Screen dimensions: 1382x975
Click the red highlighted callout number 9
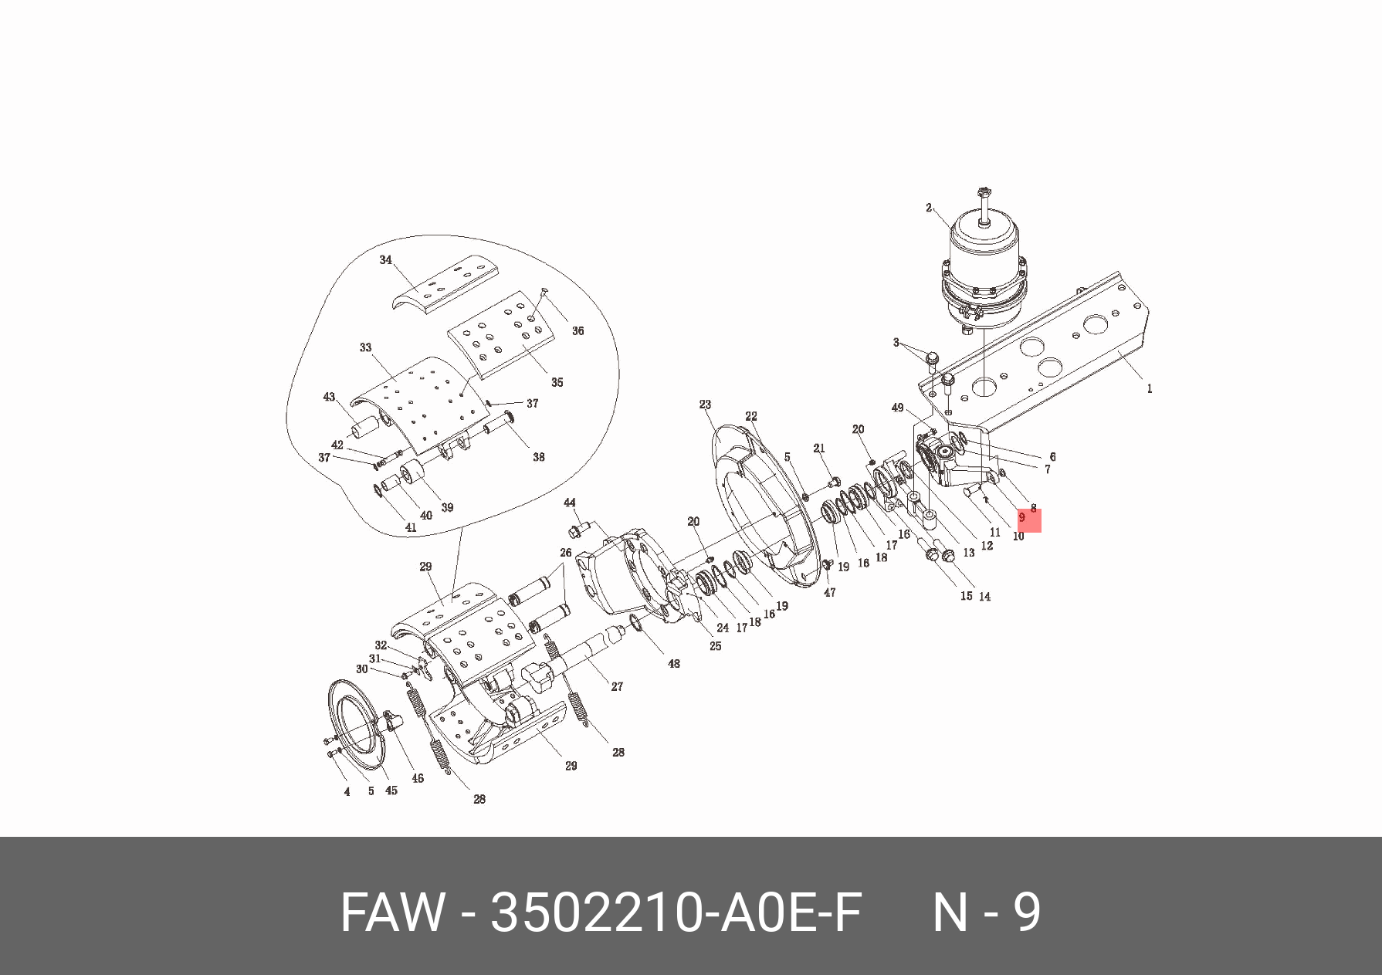click(1022, 518)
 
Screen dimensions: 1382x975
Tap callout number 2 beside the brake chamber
click(929, 208)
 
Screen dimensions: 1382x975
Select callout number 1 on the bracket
click(1149, 388)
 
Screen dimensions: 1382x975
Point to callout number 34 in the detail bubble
click(386, 260)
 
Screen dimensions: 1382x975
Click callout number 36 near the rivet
click(578, 330)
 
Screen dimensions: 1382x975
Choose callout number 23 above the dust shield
click(705, 405)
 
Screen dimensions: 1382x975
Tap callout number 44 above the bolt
click(570, 503)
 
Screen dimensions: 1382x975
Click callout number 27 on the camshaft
click(617, 686)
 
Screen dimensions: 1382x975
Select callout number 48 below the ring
click(674, 663)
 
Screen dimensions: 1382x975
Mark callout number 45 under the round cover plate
click(391, 790)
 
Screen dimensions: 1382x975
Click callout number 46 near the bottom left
click(418, 778)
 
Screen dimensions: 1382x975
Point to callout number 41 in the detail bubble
click(411, 528)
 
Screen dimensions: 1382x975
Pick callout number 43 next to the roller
click(330, 397)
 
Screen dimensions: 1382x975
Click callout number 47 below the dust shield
click(829, 593)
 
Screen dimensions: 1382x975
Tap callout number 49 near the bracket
click(897, 408)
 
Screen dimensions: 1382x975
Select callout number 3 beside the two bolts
click(896, 342)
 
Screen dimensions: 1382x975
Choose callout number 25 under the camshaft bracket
click(716, 646)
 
